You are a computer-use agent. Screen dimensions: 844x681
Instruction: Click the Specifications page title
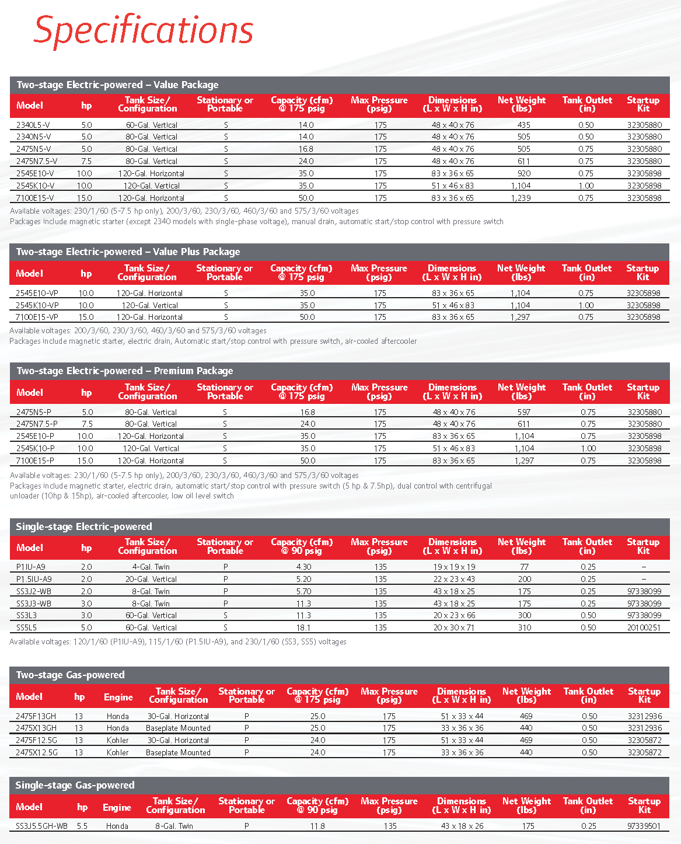pos(144,30)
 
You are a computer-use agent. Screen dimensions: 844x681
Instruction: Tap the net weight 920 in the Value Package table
pos(524,173)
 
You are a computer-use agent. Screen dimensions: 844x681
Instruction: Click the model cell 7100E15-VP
pos(37,317)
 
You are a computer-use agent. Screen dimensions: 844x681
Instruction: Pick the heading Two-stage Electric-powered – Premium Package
pos(124,371)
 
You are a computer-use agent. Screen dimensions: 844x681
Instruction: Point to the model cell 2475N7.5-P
pos(37,424)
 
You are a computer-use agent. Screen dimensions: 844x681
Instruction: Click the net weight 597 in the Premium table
pos(524,412)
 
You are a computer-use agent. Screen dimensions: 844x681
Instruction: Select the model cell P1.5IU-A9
pos(34,579)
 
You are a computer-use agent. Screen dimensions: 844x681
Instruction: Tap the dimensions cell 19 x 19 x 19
pos(454,567)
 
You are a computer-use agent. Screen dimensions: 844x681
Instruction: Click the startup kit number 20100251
pos(644,627)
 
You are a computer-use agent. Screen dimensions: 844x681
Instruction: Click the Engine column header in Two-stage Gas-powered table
pos(118,697)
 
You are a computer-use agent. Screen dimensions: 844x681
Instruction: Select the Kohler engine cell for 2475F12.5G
pos(117,740)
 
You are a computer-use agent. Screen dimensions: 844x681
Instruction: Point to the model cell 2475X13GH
pos(36,728)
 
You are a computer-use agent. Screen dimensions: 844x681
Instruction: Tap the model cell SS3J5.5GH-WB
pos(41,826)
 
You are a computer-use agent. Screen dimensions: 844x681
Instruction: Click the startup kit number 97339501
pos(644,826)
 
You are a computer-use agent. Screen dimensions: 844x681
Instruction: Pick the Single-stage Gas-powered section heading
pos(75,785)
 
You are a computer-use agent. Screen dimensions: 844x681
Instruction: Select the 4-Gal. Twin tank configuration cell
pos(151,567)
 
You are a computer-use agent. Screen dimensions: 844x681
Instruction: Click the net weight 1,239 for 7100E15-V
pos(521,198)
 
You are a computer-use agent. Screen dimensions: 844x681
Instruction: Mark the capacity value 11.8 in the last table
pos(317,826)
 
